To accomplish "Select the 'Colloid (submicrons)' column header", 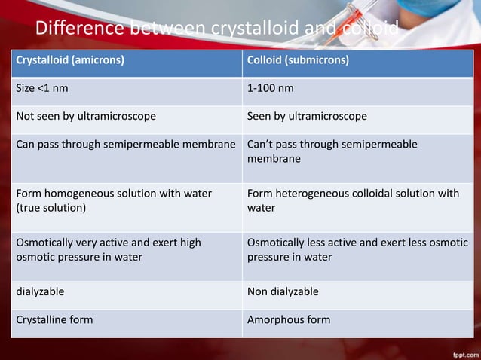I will [298, 60].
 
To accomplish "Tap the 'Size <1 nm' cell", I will [42, 88].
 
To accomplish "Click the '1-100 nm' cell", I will [271, 88].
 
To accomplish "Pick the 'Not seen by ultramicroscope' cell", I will [86, 117].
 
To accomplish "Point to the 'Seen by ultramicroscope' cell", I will [307, 117].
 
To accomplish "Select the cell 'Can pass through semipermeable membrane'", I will [126, 145].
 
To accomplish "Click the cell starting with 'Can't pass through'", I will [332, 151].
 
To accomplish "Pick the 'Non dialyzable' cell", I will [283, 291].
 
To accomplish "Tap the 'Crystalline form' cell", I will [54, 319].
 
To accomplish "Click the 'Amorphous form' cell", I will [289, 319].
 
